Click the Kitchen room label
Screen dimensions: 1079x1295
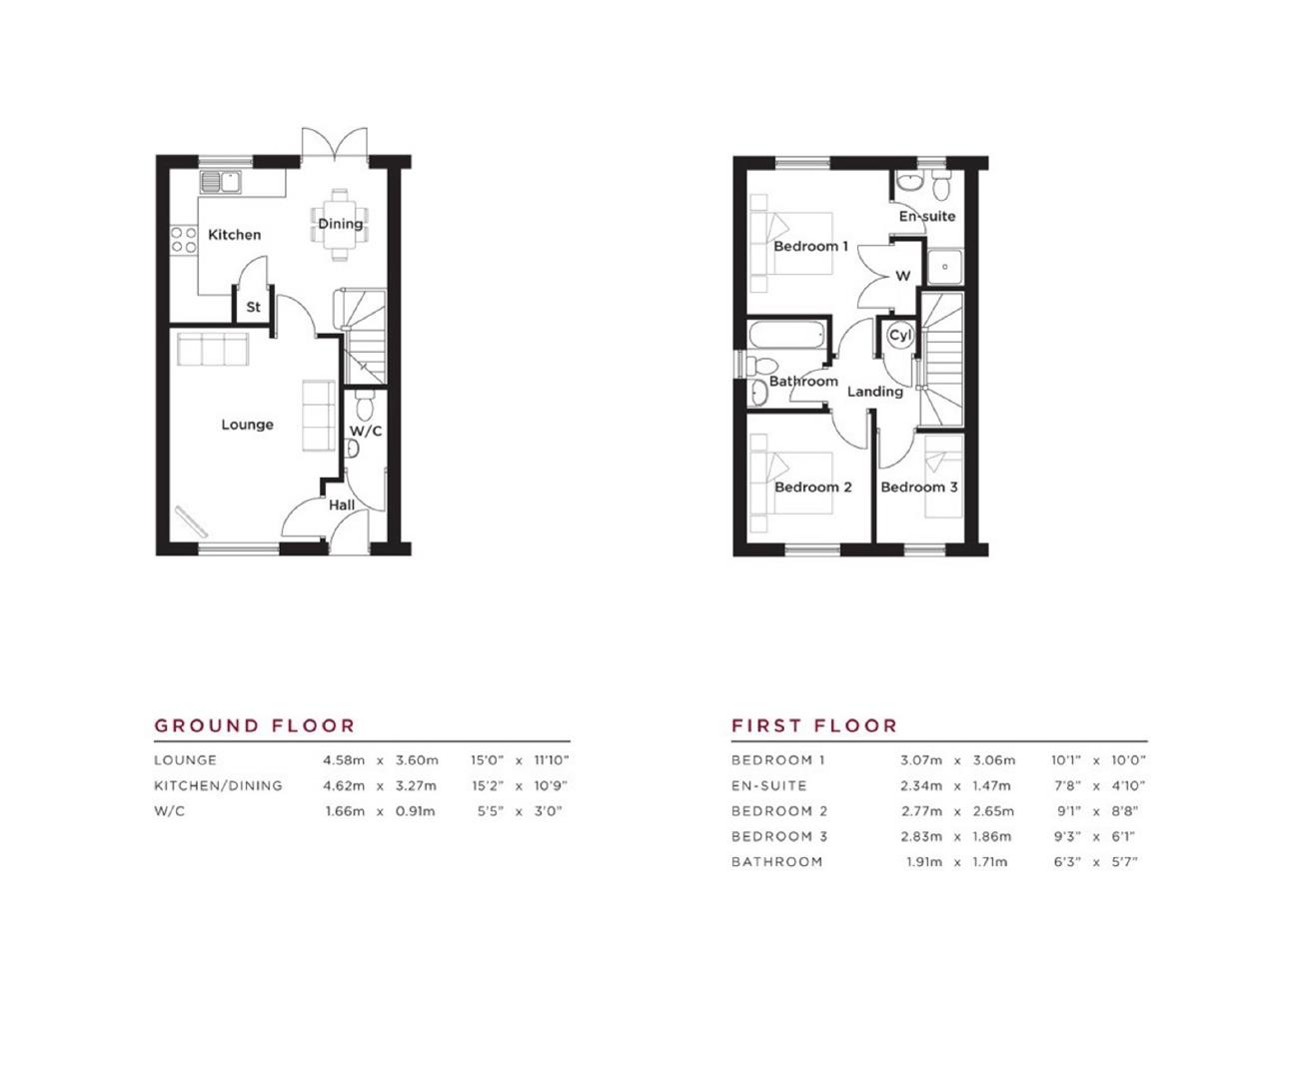click(234, 235)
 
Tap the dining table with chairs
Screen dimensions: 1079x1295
click(340, 225)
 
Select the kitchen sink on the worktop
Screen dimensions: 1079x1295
click(221, 182)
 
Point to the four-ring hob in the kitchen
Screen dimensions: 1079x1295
click(183, 240)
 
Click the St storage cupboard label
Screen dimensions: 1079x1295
click(253, 307)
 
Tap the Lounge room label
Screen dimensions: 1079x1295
click(247, 425)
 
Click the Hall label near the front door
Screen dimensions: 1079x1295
click(342, 505)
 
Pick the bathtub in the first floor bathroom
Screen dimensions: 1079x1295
click(786, 337)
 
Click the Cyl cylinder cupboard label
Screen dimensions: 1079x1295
click(899, 336)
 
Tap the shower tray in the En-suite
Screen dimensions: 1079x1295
click(944, 267)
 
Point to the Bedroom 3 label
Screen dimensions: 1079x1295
click(918, 488)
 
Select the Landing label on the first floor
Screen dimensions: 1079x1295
click(874, 392)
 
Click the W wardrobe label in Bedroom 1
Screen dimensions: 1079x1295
click(902, 276)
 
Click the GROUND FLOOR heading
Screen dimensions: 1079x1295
click(255, 725)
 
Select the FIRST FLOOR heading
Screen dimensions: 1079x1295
click(814, 725)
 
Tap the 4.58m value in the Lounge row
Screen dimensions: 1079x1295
click(344, 760)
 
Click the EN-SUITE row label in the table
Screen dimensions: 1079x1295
click(768, 786)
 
